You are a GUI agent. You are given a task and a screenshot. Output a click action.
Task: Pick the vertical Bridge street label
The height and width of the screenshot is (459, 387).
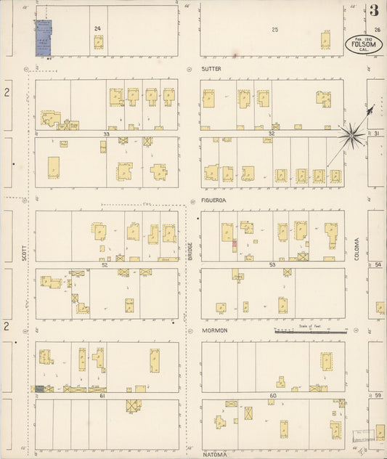coord(190,251)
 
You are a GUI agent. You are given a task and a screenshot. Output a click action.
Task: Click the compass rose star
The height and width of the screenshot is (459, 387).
coord(354,134)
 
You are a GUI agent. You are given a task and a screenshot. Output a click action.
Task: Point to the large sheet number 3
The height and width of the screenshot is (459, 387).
coord(373,10)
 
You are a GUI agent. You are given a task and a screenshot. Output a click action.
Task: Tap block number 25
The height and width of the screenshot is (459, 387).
coord(274,29)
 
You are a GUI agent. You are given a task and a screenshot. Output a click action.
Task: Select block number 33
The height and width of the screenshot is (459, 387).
coord(106,134)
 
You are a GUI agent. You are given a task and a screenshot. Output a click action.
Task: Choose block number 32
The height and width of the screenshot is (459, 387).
coord(272,134)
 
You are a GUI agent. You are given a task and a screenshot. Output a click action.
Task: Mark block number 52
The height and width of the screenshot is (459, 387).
coord(105,265)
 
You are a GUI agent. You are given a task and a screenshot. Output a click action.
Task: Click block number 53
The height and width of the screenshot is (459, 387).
coord(272,265)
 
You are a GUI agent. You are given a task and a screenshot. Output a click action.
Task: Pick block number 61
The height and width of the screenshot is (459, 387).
coord(103,396)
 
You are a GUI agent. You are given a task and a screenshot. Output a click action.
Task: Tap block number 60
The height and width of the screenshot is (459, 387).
coord(273,396)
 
